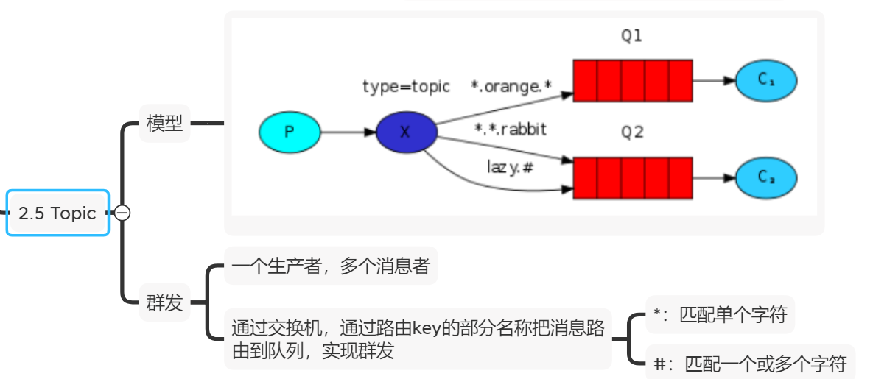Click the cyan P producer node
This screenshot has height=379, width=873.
[290, 132]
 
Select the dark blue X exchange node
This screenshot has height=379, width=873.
[406, 132]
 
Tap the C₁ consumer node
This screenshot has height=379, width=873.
[765, 80]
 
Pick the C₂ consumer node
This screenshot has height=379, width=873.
[765, 177]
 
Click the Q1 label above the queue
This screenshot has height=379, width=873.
[631, 36]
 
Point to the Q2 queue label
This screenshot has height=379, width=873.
[631, 132]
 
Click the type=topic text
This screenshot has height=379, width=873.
[406, 86]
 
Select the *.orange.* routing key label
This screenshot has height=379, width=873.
[511, 86]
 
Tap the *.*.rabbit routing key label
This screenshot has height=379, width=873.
[511, 130]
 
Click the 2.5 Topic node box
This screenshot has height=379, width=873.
[57, 213]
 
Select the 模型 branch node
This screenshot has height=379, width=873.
[164, 124]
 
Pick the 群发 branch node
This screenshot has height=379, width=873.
[164, 302]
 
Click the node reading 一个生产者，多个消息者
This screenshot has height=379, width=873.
[330, 266]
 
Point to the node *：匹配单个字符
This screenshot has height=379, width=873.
[720, 316]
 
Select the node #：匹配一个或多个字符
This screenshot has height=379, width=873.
[749, 363]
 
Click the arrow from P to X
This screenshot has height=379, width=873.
[348, 132]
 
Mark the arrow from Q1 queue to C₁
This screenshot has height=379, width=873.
[713, 80]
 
